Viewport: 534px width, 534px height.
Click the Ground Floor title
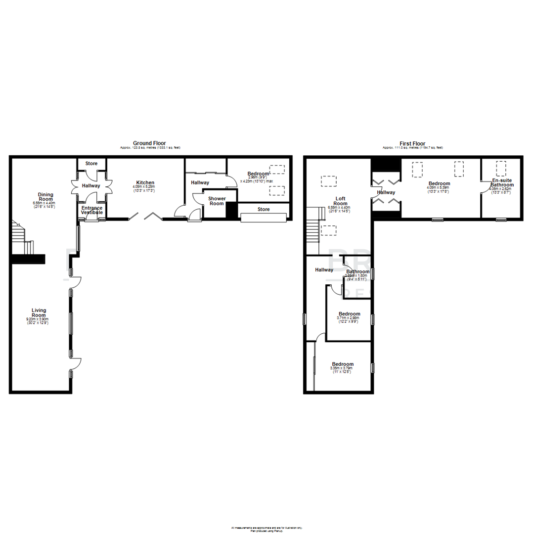pyautogui.click(x=149, y=143)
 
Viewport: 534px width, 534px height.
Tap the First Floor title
pyautogui.click(x=412, y=143)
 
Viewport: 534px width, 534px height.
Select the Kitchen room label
pyautogui.click(x=145, y=182)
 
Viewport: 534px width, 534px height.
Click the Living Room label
pyautogui.click(x=39, y=312)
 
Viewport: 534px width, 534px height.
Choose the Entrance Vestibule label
pyautogui.click(x=92, y=210)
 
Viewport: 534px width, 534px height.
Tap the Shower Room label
pyautogui.click(x=217, y=201)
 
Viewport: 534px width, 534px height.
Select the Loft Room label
pyautogui.click(x=340, y=201)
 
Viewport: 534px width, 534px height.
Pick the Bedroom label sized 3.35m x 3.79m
pyautogui.click(x=343, y=364)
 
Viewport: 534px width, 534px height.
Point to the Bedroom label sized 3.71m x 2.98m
pyautogui.click(x=349, y=314)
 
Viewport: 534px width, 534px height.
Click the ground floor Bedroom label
pyautogui.click(x=258, y=174)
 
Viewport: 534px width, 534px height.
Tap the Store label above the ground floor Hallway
pyautogui.click(x=91, y=163)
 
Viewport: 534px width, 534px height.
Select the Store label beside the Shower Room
pyautogui.click(x=264, y=209)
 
